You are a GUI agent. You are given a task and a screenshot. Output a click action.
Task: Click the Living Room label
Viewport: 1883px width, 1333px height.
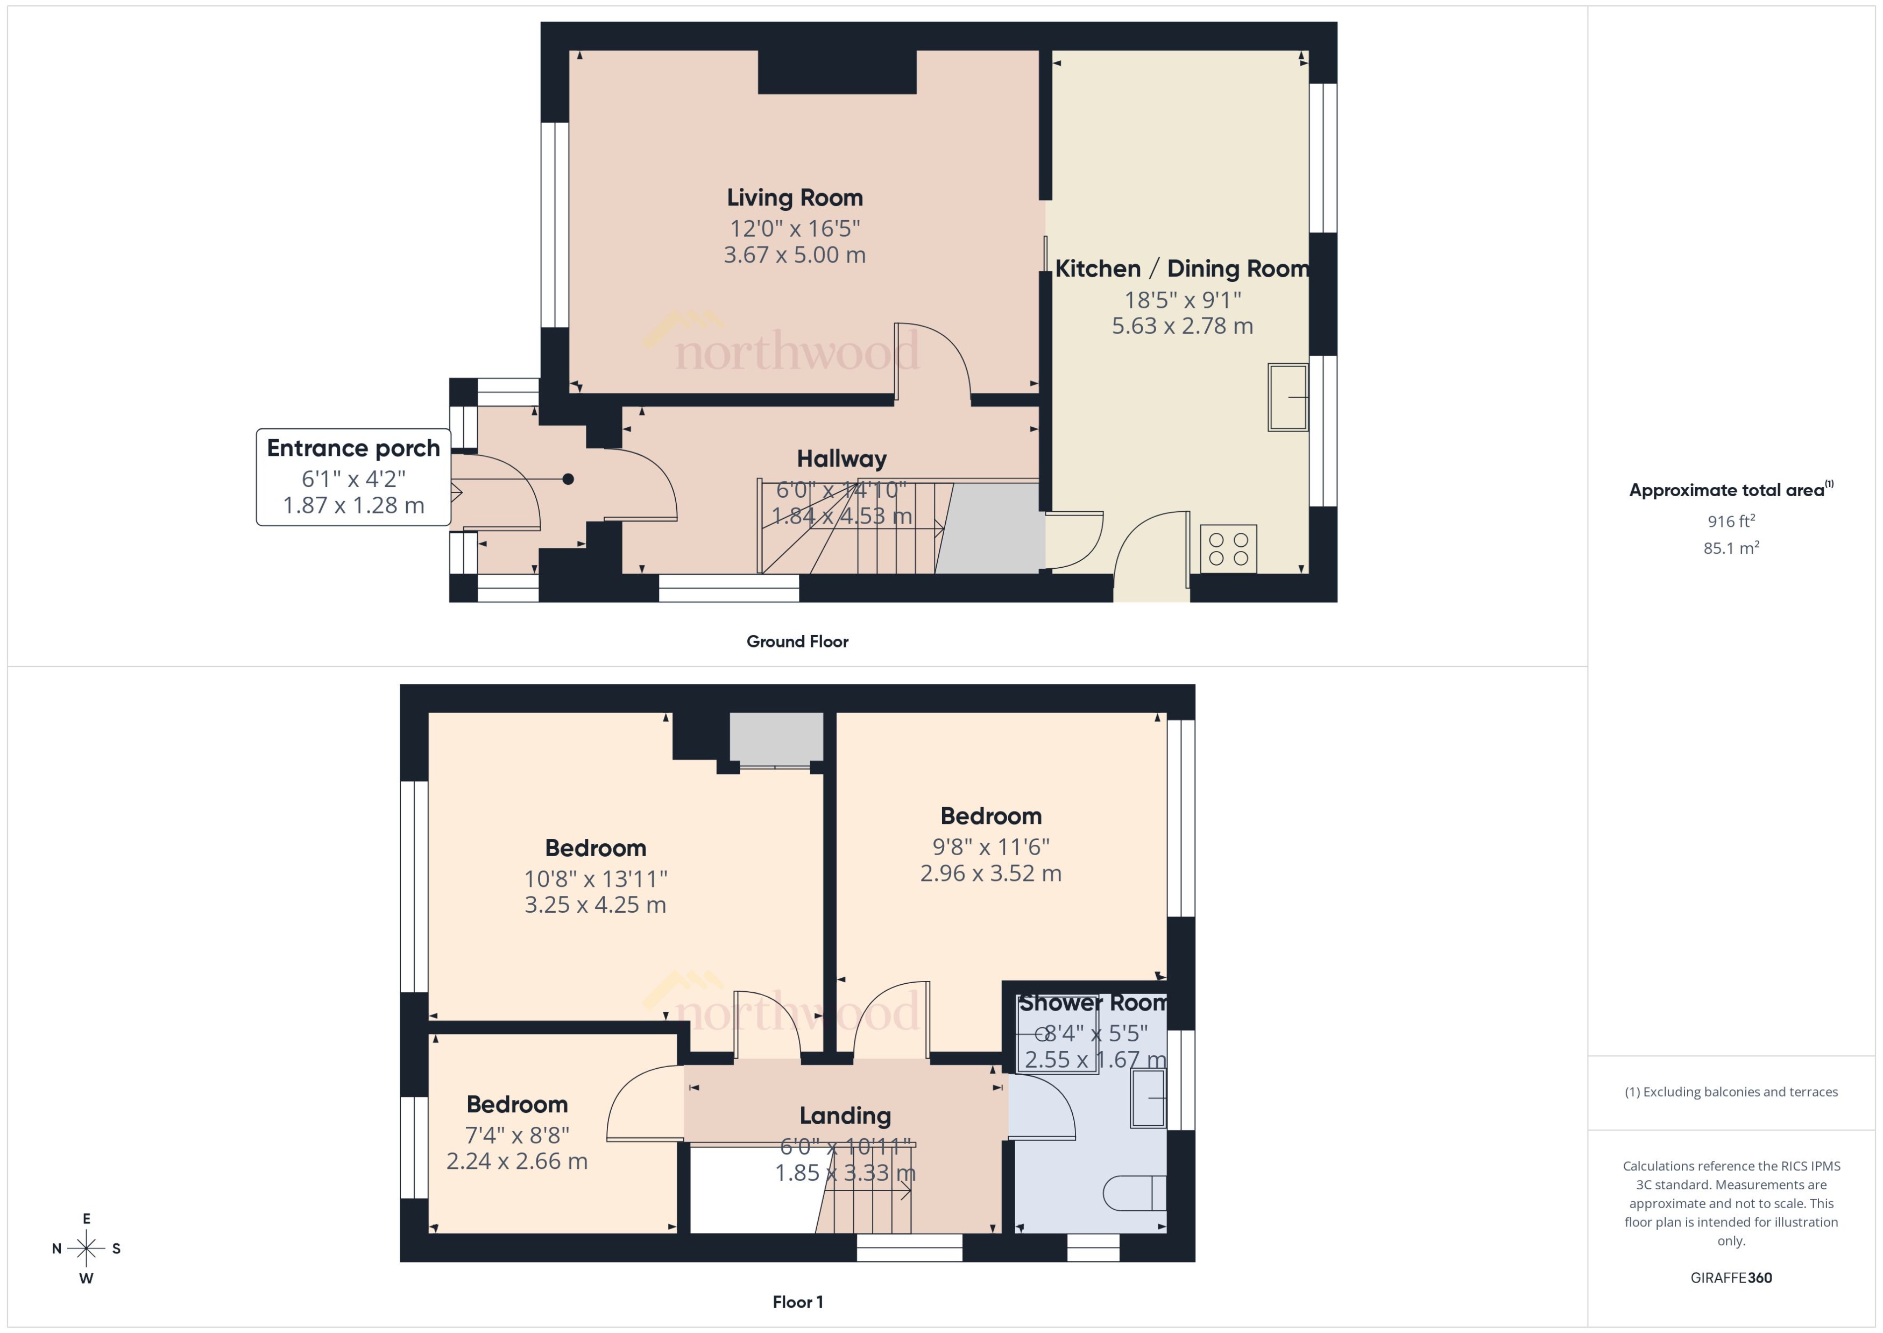click(x=794, y=198)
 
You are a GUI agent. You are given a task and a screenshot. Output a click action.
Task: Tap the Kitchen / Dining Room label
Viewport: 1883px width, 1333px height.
click(x=1181, y=269)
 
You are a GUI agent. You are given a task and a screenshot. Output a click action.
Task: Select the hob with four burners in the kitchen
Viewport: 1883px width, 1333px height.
click(x=1228, y=548)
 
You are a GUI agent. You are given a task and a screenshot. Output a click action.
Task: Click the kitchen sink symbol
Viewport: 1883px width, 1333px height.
click(x=1287, y=397)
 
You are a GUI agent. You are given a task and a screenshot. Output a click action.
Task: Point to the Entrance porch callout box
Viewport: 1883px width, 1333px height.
click(x=353, y=477)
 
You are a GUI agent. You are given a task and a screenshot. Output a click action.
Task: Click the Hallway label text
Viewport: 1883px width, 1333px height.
click(x=842, y=459)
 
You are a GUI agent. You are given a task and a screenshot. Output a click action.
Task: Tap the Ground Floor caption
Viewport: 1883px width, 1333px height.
click(x=797, y=641)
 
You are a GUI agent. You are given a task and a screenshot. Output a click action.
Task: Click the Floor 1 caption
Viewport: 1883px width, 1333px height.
click(x=797, y=1301)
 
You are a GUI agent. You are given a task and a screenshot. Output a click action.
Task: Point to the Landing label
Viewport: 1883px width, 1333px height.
click(x=845, y=1116)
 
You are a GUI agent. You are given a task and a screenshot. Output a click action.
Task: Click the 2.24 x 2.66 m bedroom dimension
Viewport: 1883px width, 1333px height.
click(x=517, y=1161)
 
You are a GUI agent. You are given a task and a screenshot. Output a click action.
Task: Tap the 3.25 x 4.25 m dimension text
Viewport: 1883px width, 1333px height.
click(x=595, y=905)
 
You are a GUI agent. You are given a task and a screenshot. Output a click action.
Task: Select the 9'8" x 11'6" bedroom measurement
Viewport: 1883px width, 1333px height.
click(x=990, y=847)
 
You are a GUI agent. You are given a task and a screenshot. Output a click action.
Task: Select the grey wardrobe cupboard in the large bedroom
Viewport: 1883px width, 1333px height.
click(x=776, y=738)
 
